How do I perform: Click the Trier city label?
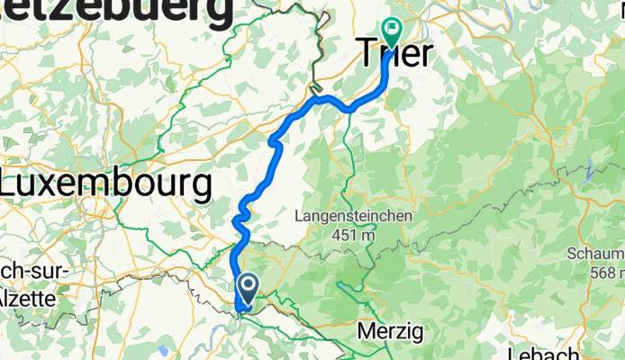pyautogui.click(x=394, y=53)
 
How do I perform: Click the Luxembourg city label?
pyautogui.click(x=106, y=184)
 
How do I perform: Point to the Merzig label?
pyautogui.click(x=390, y=331)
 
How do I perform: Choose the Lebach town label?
pyautogui.click(x=543, y=352)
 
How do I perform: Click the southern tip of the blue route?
pyautogui.click(x=240, y=311)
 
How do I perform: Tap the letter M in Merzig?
pyautogui.click(x=366, y=331)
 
